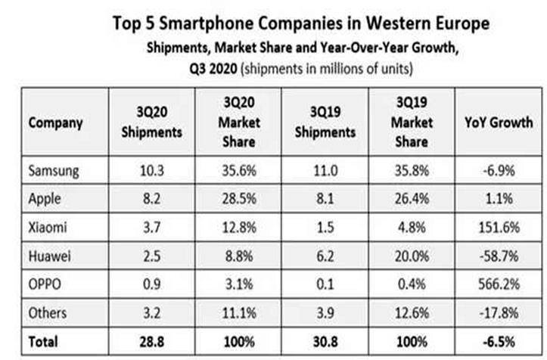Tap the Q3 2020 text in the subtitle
[x=213, y=69]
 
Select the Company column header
[x=55, y=123]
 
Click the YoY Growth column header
[x=499, y=123]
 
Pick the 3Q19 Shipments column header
[x=325, y=122]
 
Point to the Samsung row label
[x=54, y=171]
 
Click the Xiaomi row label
[x=48, y=228]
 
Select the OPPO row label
[x=45, y=284]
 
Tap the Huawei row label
[x=49, y=256]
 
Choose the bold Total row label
[x=43, y=342]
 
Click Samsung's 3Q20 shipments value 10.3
[x=152, y=171]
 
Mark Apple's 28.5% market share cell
[x=239, y=199]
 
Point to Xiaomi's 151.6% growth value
[x=499, y=228]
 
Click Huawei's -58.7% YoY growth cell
[x=499, y=256]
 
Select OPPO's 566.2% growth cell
[x=499, y=284]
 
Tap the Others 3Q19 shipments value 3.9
[x=325, y=313]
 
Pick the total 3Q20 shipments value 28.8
[x=152, y=342]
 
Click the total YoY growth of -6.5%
[x=499, y=342]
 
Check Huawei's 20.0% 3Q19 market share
[x=412, y=256]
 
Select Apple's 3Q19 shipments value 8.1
[x=325, y=199]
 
